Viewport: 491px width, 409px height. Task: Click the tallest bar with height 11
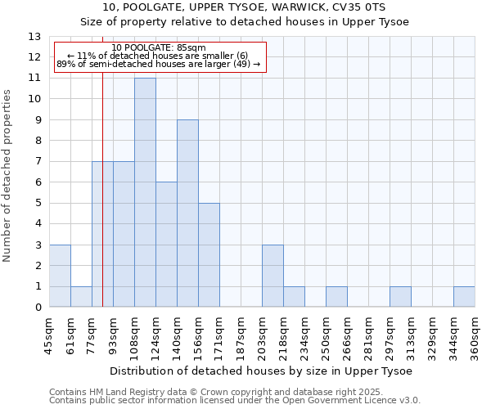pyautogui.click(x=145, y=192)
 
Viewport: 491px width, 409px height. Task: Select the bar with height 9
pyautogui.click(x=187, y=213)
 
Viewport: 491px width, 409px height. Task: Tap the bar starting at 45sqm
pyautogui.click(x=60, y=276)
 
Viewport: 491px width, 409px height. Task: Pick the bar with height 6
pyautogui.click(x=166, y=245)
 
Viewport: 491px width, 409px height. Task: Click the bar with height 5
pyautogui.click(x=209, y=255)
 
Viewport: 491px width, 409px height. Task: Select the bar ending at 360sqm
pyautogui.click(x=464, y=297)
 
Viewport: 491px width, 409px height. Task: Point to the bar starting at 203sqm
pyautogui.click(x=273, y=276)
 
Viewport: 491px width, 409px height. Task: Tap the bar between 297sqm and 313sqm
pyautogui.click(x=400, y=297)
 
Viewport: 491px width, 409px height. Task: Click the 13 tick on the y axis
pyautogui.click(x=34, y=37)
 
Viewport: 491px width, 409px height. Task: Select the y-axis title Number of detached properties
pyautogui.click(x=8, y=175)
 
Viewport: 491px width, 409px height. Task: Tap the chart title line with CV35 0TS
pyautogui.click(x=245, y=7)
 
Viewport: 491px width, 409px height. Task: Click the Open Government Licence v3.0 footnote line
pyautogui.click(x=235, y=401)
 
